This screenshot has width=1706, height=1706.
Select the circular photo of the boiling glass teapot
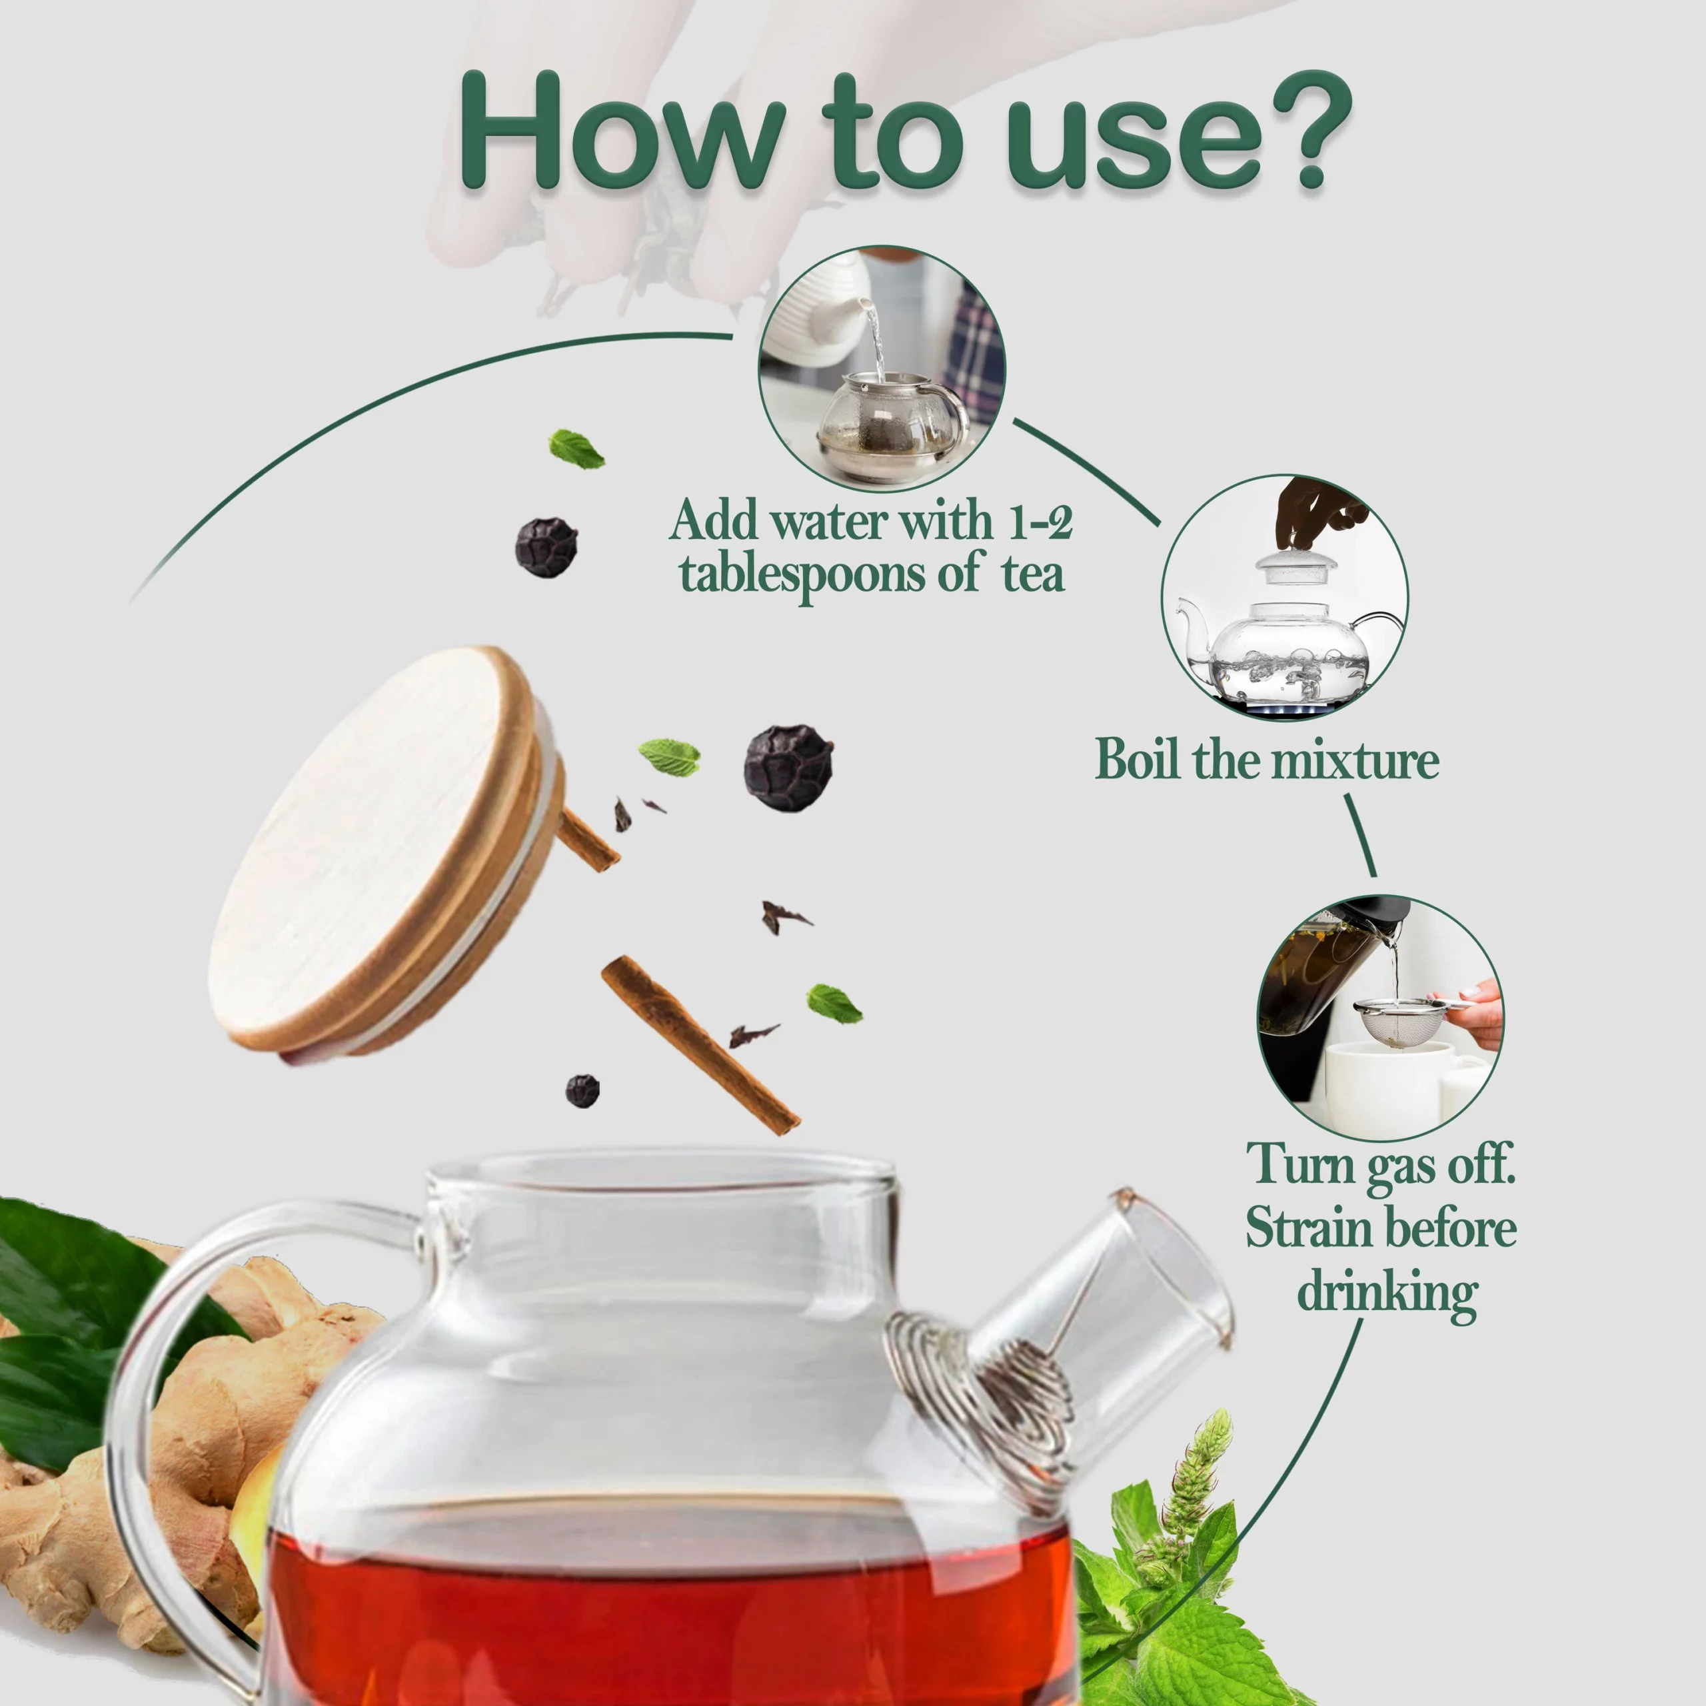(x=1285, y=598)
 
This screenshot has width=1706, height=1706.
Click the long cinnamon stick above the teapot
(x=700, y=1045)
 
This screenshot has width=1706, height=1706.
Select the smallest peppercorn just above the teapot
(x=582, y=1090)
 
